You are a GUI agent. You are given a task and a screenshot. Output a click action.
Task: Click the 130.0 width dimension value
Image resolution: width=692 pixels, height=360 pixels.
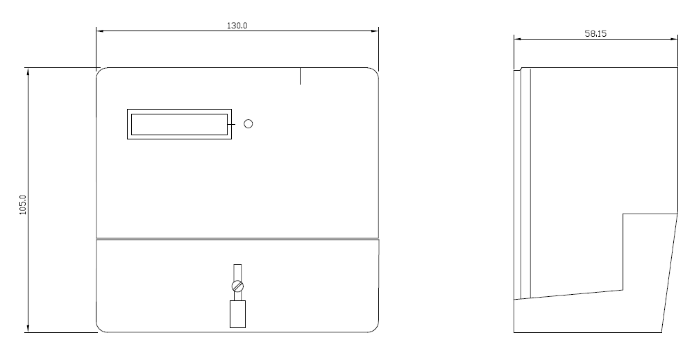(237, 26)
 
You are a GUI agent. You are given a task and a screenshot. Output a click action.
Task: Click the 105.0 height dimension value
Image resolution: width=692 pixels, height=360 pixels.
(23, 205)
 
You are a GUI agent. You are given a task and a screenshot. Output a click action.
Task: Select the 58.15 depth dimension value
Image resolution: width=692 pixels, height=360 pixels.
(596, 33)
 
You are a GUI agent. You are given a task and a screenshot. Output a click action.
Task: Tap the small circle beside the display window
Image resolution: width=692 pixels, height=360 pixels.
(248, 124)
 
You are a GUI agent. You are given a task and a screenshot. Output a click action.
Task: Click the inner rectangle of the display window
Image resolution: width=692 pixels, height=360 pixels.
(180, 124)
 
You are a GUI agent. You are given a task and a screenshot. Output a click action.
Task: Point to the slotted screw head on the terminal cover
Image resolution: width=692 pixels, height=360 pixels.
(238, 286)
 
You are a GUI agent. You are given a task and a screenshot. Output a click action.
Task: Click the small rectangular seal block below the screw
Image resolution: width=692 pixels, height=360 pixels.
(238, 314)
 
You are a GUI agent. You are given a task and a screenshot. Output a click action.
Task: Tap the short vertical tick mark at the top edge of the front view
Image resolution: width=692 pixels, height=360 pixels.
(300, 76)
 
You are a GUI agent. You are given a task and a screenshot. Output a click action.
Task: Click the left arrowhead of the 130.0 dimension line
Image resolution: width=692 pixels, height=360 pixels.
(100, 31)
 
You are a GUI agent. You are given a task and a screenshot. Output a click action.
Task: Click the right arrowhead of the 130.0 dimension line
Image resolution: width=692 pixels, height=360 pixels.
(375, 31)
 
